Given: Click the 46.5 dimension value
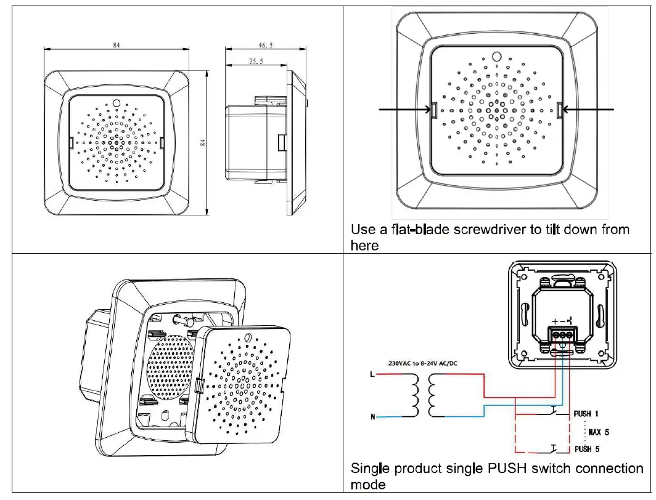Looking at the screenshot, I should click(266, 44).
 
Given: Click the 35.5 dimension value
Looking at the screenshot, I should click(253, 61).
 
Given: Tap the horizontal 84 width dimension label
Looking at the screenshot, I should click(117, 44).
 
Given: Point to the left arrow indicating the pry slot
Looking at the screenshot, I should click(404, 110).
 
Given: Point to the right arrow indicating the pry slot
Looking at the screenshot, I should click(589, 110).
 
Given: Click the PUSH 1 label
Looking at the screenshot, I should click(586, 414).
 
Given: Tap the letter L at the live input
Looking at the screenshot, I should click(372, 374).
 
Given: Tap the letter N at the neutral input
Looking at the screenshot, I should click(372, 417).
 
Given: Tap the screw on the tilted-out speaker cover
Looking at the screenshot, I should click(248, 338).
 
